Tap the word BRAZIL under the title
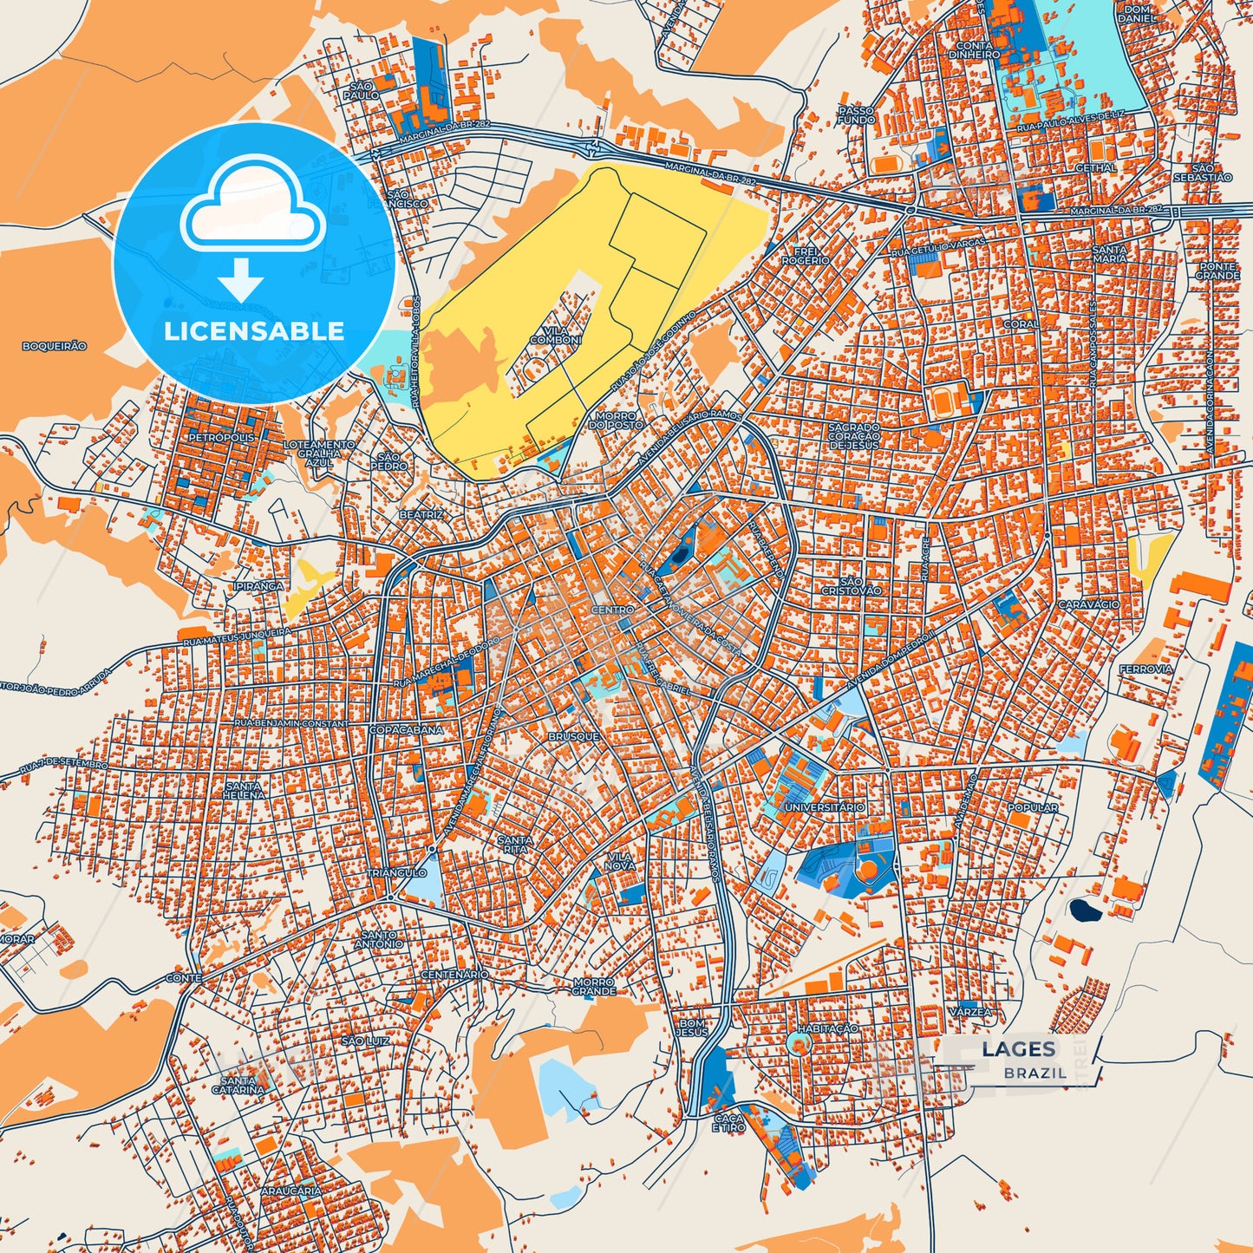tap(1035, 1073)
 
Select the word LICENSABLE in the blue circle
tap(253, 330)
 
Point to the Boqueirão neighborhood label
tap(55, 346)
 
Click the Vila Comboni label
tap(556, 336)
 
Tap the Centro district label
tap(613, 610)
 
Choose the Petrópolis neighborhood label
tap(222, 438)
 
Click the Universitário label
tap(825, 807)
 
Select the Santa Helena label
tap(244, 790)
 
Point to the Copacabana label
tap(406, 730)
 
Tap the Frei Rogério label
tap(806, 256)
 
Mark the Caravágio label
tap(1089, 604)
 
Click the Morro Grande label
tap(594, 987)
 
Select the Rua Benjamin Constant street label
tap(291, 723)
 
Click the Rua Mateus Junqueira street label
tap(237, 636)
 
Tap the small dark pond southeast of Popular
tap(1083, 910)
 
